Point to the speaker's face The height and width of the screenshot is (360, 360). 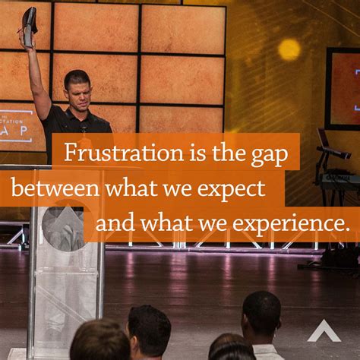point(79,90)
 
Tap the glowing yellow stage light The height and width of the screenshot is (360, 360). point(289,49)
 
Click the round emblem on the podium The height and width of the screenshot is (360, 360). point(62,226)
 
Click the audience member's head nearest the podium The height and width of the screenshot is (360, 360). point(99,339)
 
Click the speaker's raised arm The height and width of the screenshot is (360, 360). point(36,72)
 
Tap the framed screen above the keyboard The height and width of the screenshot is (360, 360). point(343,87)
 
